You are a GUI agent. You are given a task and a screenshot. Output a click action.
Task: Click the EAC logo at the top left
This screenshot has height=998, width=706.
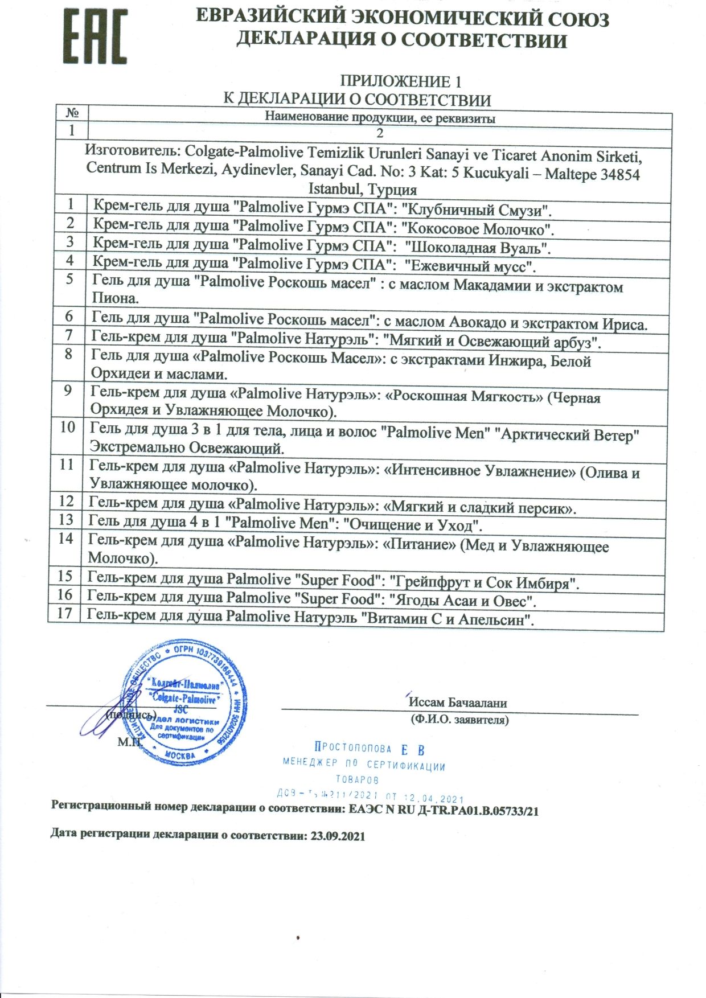coord(95,36)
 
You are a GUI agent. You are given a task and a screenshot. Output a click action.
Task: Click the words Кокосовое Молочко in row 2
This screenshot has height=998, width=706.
coord(478,229)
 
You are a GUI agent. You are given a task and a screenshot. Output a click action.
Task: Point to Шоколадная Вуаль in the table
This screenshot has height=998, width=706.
coord(477,248)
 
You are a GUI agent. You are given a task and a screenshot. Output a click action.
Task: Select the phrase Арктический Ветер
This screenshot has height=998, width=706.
coord(568,436)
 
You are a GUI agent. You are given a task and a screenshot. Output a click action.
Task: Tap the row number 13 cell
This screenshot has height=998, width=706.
coord(66,519)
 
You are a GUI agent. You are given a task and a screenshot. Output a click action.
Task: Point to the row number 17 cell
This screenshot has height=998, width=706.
coord(64,613)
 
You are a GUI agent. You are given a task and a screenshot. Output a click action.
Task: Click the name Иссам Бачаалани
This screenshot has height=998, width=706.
coord(457,703)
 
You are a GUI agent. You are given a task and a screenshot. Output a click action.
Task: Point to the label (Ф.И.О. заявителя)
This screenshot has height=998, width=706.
coord(459,720)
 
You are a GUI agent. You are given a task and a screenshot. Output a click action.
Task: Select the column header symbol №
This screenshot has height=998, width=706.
coord(72,112)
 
